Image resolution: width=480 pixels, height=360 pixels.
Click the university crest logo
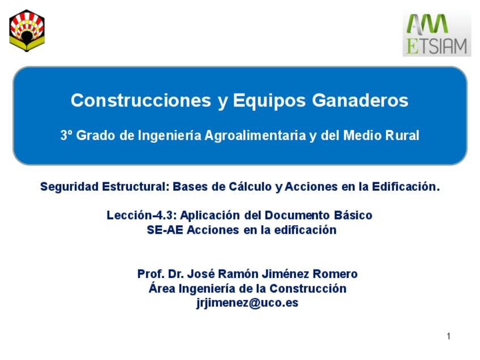[27, 31]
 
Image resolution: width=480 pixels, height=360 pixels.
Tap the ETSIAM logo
[436, 34]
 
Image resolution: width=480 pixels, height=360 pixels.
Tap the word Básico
[353, 216]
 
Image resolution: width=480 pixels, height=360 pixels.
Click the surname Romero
[335, 275]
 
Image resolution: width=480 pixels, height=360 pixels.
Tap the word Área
[162, 289]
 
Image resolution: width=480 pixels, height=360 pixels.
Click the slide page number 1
[448, 337]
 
